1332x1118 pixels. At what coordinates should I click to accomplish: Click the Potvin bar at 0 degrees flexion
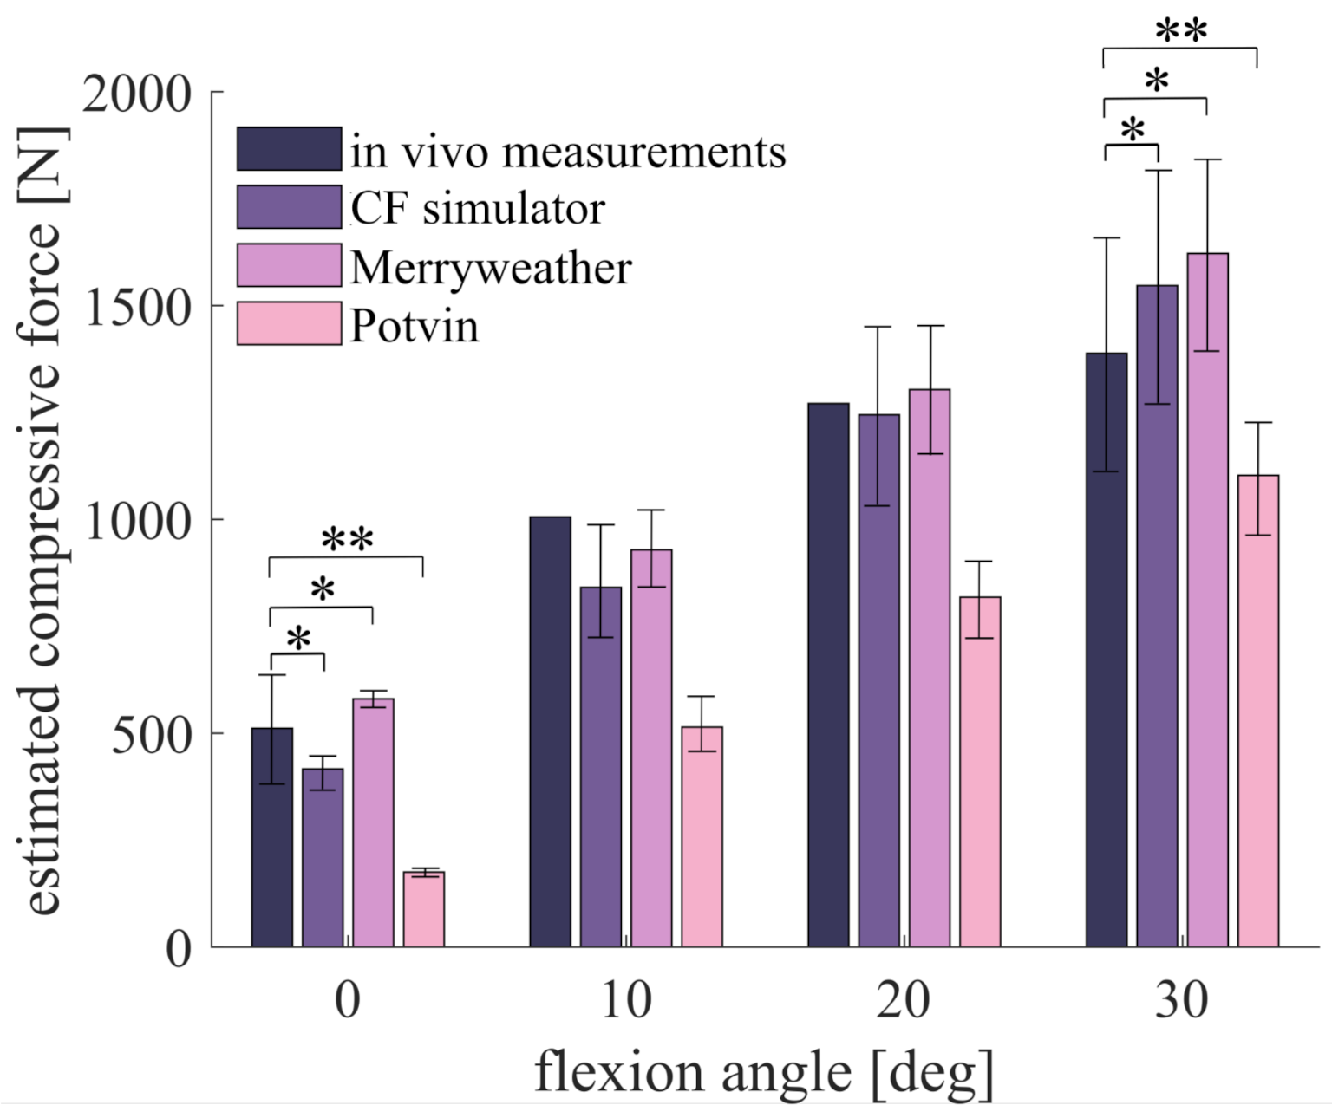(x=424, y=909)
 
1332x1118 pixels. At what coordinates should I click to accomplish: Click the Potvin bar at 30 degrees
(x=1258, y=711)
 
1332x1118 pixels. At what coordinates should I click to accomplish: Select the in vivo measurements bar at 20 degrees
(x=828, y=675)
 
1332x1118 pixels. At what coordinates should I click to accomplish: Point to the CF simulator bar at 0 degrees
(x=323, y=858)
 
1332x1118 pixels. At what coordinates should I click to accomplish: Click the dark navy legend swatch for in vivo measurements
(x=289, y=149)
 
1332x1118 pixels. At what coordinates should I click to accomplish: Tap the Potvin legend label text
(x=415, y=326)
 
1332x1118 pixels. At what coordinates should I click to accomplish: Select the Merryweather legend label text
(x=491, y=268)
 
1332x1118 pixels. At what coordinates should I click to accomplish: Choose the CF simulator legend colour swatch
(x=289, y=207)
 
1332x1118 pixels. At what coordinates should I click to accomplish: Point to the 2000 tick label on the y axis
(x=137, y=94)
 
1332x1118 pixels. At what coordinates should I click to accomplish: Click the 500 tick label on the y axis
(x=152, y=735)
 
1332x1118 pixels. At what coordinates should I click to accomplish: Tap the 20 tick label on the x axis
(x=903, y=1000)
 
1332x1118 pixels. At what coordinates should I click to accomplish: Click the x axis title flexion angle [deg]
(x=763, y=1072)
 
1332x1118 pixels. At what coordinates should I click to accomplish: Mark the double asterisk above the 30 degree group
(x=1180, y=31)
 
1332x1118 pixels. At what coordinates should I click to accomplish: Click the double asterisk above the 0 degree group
(x=347, y=539)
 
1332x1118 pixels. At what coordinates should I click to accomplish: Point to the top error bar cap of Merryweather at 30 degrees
(x=1207, y=159)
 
